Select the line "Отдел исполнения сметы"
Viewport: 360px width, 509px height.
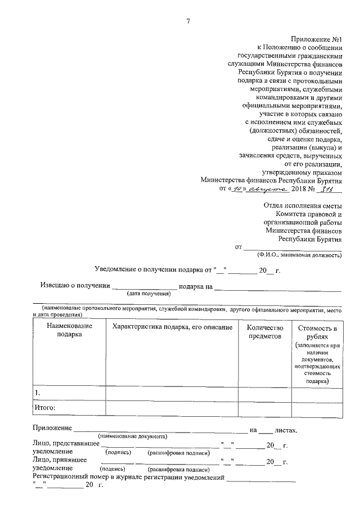[x=302, y=205]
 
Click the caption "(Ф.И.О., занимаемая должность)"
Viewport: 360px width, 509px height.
[x=296, y=255]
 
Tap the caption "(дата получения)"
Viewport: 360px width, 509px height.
[x=148, y=294]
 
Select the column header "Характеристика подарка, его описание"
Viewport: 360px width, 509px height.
[x=172, y=327]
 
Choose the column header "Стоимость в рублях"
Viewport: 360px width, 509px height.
[x=317, y=331]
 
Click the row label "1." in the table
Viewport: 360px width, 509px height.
[x=37, y=392]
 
